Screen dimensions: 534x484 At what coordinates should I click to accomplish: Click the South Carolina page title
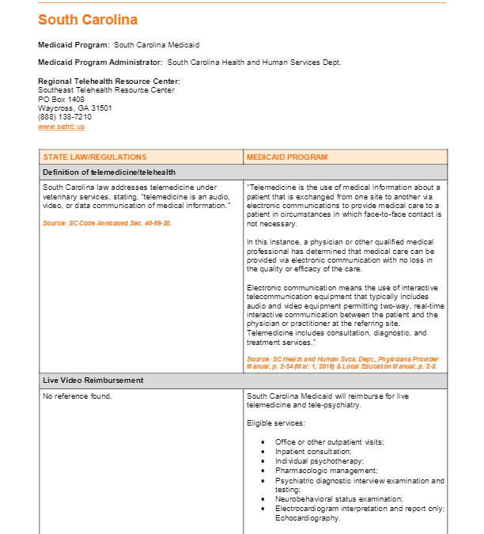87,20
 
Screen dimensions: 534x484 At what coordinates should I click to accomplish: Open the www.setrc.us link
61,127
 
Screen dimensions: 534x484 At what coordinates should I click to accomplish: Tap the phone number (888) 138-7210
65,117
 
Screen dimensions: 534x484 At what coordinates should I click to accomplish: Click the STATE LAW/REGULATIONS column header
95,157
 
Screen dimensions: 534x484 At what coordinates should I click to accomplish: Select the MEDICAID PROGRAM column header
286,157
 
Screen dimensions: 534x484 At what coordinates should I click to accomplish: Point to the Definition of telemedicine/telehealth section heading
109,172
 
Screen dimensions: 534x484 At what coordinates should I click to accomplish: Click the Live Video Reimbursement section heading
93,381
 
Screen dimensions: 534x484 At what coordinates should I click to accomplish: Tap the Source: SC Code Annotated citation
107,223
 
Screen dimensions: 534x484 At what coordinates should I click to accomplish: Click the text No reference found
78,396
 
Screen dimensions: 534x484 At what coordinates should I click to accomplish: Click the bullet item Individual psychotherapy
320,460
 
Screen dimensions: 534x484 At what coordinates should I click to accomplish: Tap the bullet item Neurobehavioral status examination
339,499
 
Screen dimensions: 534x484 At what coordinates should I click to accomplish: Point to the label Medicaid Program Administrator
100,62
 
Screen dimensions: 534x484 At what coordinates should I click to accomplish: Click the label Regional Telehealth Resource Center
109,81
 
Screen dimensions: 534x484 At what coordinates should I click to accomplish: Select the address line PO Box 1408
61,99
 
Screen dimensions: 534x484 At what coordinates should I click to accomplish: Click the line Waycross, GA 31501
75,108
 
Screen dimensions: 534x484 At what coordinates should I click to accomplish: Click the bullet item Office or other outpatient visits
329,441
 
